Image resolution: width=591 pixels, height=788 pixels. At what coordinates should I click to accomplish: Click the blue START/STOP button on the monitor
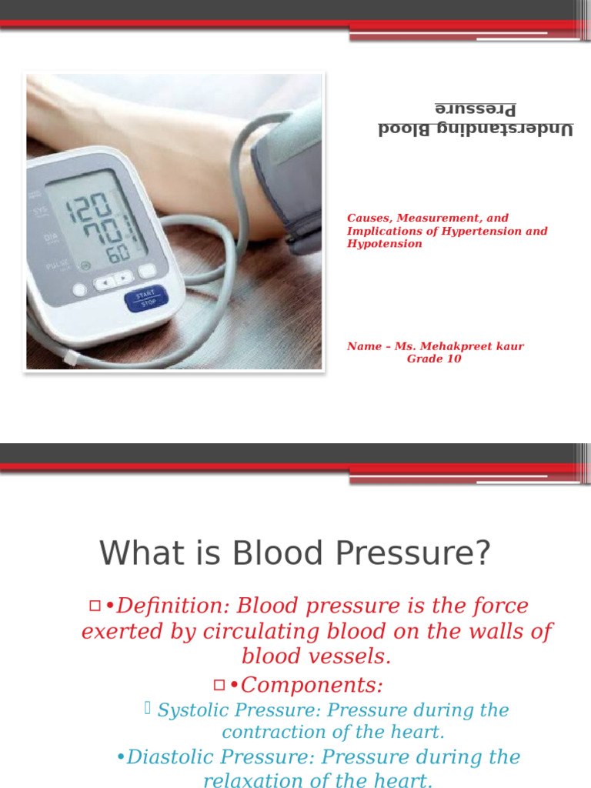point(145,299)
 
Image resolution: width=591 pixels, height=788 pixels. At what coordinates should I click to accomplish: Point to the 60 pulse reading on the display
point(118,253)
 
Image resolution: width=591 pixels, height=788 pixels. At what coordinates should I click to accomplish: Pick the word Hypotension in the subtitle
point(384,244)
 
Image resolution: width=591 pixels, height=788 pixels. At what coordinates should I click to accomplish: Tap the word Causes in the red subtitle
point(367,219)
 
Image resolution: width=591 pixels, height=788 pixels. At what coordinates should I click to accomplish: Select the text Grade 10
point(434,359)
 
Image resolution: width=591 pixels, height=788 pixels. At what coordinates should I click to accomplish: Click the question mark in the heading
point(482,553)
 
